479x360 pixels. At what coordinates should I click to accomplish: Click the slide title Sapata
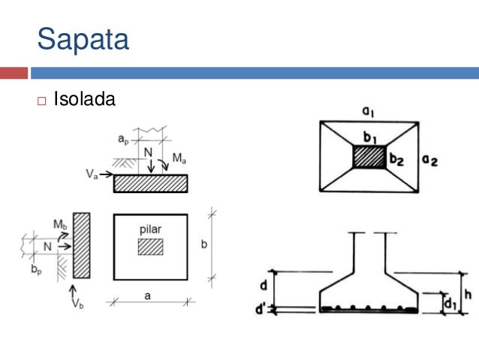(x=83, y=38)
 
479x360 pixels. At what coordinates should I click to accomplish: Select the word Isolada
(x=84, y=98)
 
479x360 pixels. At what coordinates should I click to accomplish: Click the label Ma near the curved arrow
(x=180, y=159)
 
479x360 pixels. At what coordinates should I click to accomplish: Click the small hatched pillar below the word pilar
(x=150, y=247)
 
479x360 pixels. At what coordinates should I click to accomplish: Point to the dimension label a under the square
(x=148, y=295)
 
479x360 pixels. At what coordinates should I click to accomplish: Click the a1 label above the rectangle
(x=368, y=111)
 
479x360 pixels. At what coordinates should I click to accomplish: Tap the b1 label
(x=369, y=138)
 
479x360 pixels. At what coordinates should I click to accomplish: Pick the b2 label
(x=396, y=159)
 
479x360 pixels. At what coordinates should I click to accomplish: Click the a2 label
(x=429, y=159)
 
